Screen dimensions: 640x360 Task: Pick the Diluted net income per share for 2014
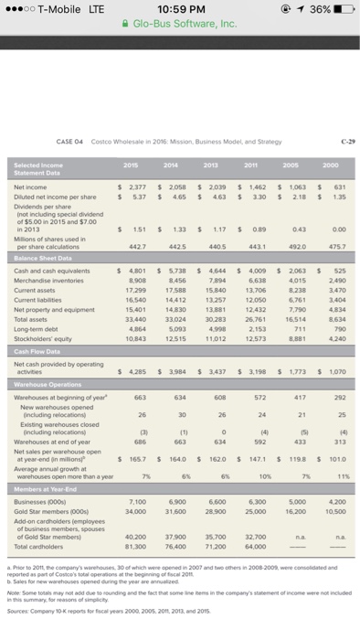[x=179, y=195]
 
